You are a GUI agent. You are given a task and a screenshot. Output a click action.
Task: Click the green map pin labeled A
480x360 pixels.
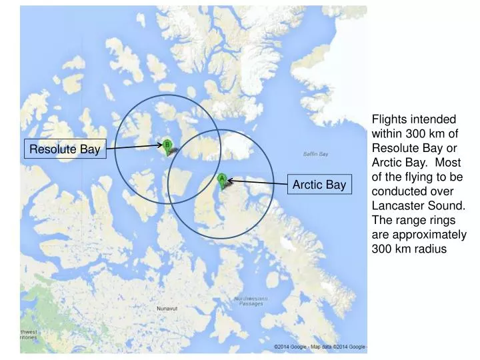(x=222, y=179)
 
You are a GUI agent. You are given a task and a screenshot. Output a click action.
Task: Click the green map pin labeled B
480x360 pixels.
(x=167, y=145)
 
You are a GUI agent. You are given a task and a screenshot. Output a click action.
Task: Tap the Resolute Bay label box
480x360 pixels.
(x=64, y=149)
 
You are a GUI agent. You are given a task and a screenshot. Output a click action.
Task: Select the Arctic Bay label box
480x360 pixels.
(x=317, y=184)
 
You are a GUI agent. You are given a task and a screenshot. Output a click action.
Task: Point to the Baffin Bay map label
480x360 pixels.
(x=315, y=154)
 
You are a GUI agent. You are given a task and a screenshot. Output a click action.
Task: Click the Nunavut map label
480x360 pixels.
(x=167, y=309)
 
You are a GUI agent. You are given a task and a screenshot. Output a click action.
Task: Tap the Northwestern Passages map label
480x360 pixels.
(x=251, y=301)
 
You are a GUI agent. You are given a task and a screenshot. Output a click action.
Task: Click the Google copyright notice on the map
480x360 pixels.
(x=320, y=347)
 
